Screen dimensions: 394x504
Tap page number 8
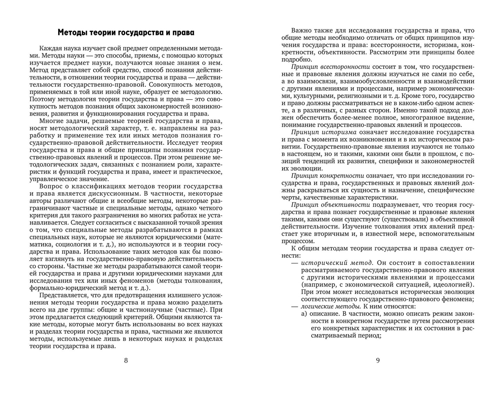pyautogui.click(x=126, y=360)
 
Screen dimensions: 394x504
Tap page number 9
pyautogui.click(x=378, y=360)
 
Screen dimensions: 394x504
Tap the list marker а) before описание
pyautogui.click(x=304, y=314)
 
